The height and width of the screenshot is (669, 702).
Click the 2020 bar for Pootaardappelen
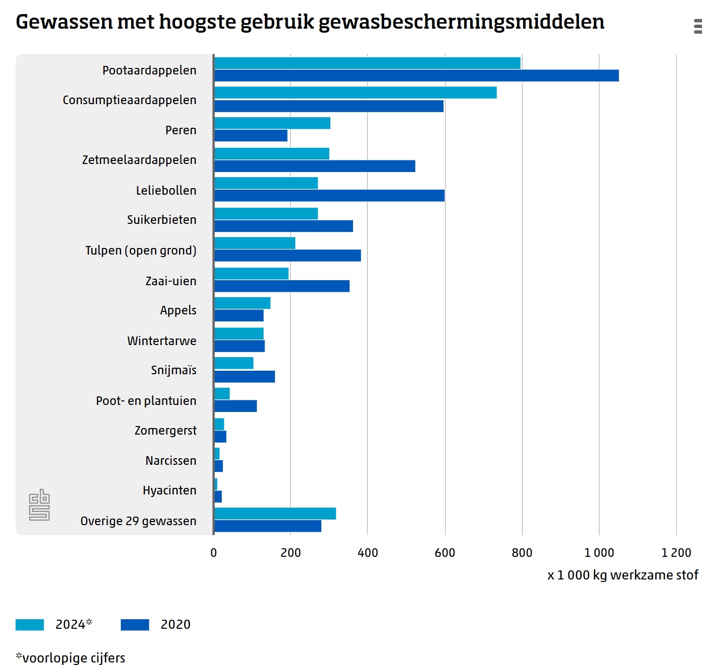point(416,75)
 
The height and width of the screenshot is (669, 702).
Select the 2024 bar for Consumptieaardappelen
point(356,93)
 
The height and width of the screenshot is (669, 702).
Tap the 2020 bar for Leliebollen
point(329,196)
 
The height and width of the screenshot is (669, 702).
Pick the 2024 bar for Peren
point(272,123)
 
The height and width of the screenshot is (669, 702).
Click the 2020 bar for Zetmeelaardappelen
point(315,166)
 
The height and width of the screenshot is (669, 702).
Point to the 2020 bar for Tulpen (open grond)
point(288,256)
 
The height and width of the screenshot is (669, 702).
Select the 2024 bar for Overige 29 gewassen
point(275,514)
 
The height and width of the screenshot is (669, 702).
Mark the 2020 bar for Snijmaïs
point(244,377)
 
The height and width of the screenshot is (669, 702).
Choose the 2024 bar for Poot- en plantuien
point(222,393)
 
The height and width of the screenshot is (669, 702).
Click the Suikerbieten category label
point(161,220)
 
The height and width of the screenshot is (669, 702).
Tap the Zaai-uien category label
point(171,281)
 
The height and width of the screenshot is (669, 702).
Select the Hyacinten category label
point(169,490)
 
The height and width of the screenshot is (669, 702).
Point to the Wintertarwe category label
point(161,341)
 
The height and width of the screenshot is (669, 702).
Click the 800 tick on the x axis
point(522,553)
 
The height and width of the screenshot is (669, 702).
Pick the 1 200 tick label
point(676,553)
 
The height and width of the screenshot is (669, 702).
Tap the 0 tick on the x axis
point(214,553)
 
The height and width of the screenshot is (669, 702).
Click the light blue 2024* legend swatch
point(30,625)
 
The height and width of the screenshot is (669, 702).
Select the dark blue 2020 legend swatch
point(135,625)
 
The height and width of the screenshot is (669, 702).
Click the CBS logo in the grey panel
point(39,505)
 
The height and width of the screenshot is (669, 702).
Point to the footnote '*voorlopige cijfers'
point(70,658)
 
